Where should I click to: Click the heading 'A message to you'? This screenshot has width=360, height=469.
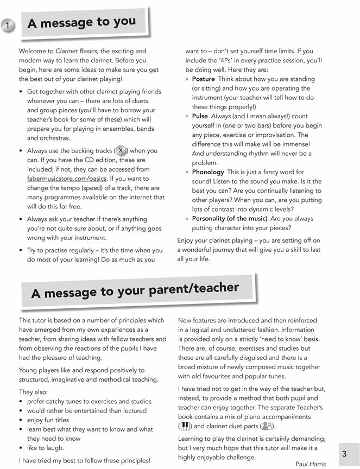[x=82, y=23]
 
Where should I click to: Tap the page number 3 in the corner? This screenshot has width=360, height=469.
[x=344, y=453]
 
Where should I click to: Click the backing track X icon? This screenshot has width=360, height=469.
[x=121, y=150]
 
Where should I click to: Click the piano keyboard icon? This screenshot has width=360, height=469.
[x=187, y=426]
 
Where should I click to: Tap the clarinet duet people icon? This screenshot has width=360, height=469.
[x=267, y=426]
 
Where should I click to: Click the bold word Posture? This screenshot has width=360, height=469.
[x=204, y=79]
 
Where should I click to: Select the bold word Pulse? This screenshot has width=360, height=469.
[x=200, y=116]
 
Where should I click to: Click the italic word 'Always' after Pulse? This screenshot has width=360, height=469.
[x=220, y=116]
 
